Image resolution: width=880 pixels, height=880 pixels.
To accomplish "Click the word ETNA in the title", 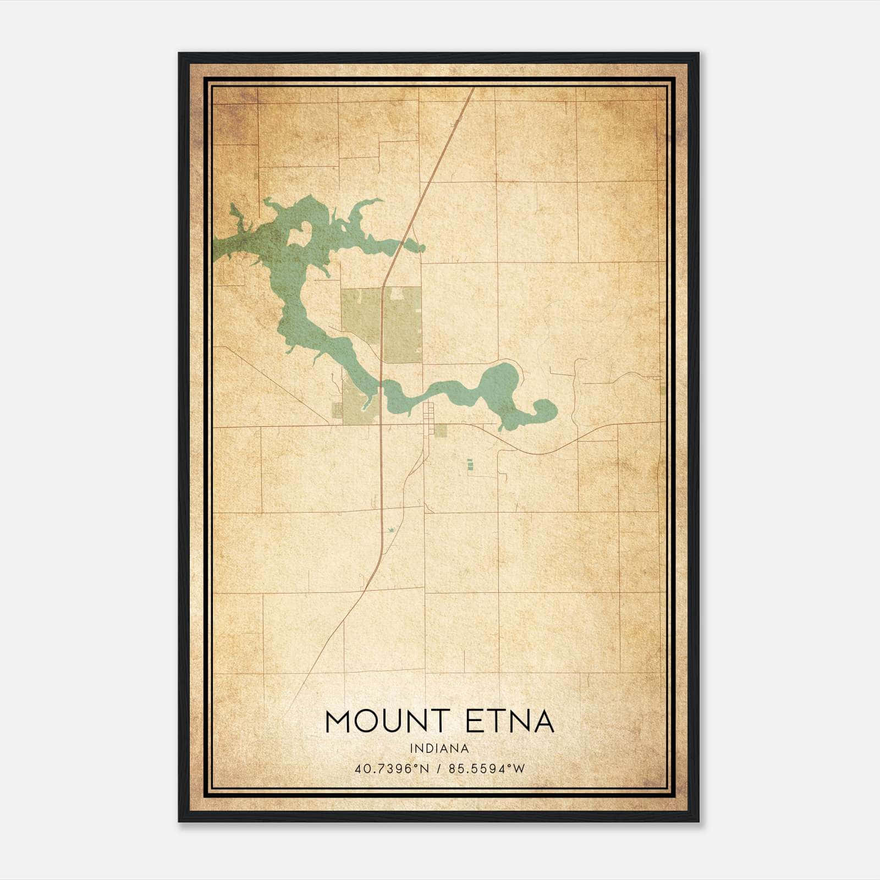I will [x=510, y=722].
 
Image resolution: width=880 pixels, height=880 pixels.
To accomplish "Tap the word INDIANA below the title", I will [x=439, y=749].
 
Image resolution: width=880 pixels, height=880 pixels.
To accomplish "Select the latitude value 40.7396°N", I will [x=391, y=768].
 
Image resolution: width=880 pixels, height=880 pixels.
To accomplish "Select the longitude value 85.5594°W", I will [x=487, y=768].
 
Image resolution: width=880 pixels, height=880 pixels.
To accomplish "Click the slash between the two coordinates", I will [x=439, y=768].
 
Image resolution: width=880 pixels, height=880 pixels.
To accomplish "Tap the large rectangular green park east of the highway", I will [x=402, y=324].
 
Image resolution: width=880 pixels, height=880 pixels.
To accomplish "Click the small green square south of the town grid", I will [x=441, y=430].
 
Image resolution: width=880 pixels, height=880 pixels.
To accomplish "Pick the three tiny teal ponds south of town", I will [x=470, y=465].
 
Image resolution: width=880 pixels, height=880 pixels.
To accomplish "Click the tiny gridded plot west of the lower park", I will [x=336, y=410].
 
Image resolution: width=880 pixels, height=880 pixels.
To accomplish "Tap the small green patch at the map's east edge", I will [x=662, y=389].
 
